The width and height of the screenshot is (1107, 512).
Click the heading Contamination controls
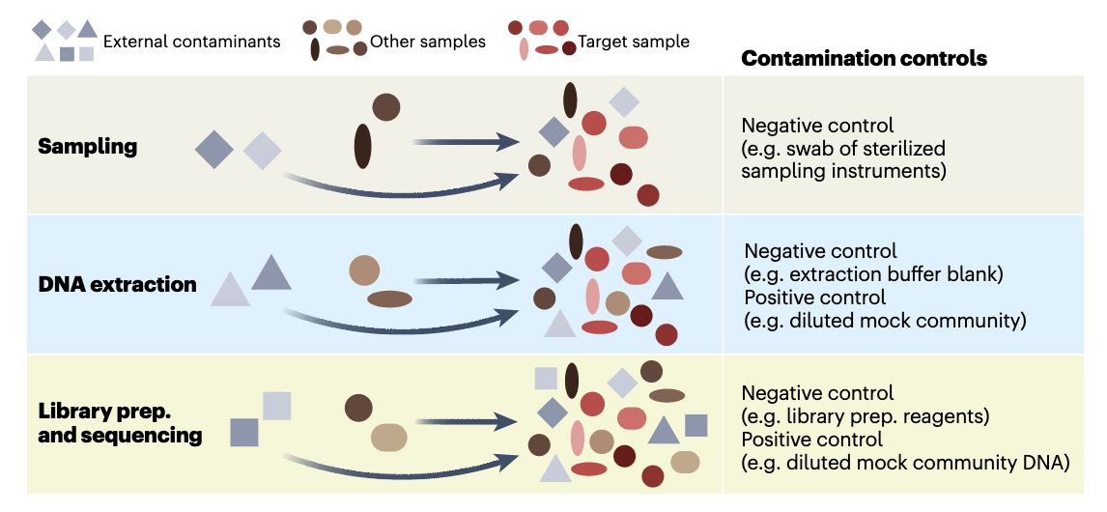click(864, 59)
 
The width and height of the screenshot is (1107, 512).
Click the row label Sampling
click(87, 147)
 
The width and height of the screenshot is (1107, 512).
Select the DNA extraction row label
click(117, 285)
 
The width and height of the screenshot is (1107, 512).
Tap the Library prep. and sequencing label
click(120, 423)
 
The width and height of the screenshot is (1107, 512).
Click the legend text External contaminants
click(191, 42)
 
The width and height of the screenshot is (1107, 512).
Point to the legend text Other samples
click(428, 42)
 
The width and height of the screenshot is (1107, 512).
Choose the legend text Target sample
click(634, 42)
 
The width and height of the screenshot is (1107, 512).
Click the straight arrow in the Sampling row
click(468, 141)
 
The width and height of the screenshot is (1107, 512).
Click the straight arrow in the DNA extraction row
click(468, 279)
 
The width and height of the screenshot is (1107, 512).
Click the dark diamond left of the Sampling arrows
click(213, 150)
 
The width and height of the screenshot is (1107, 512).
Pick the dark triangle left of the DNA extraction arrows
click(271, 272)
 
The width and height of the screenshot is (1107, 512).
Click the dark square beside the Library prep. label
click(244, 432)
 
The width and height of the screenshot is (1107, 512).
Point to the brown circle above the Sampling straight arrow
click(386, 107)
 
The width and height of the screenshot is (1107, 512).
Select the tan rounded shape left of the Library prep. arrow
click(389, 438)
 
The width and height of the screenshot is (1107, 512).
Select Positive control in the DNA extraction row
click(814, 298)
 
